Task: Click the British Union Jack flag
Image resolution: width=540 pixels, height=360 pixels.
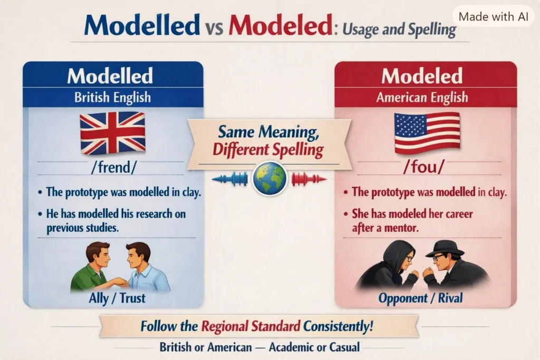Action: [113, 133]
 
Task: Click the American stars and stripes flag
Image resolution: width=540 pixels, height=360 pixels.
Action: [427, 133]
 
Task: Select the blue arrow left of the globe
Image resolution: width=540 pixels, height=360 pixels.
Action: [230, 179]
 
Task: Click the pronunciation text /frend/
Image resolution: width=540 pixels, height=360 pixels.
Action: [114, 167]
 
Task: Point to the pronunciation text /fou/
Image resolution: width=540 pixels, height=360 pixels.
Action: [424, 167]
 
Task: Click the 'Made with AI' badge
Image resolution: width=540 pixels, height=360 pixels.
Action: [493, 16]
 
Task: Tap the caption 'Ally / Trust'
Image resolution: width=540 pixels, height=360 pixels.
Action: [117, 298]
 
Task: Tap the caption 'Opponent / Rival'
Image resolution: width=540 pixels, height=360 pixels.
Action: [420, 298]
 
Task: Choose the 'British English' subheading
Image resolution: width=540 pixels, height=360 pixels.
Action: [113, 98]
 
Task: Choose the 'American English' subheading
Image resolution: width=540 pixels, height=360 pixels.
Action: [422, 98]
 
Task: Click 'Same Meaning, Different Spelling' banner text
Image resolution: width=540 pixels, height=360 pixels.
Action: [268, 141]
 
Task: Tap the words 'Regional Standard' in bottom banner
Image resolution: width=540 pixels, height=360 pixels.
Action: [250, 326]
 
